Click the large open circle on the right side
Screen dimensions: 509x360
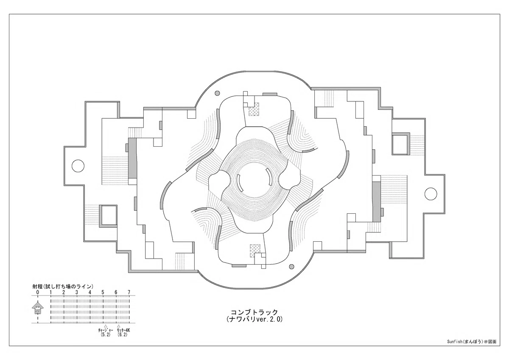coord(431,194)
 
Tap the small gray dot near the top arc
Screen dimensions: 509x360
coord(217,93)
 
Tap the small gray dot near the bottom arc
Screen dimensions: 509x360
coord(291,266)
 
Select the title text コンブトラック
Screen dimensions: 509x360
coord(255,313)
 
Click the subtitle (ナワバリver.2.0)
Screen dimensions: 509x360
coord(255,319)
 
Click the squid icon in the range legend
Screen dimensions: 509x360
coord(38,308)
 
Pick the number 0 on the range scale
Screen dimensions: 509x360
coord(38,292)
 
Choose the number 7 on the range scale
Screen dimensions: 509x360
coord(129,292)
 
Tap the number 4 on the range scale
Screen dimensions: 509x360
coord(90,292)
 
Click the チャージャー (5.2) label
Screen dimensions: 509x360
coord(106,332)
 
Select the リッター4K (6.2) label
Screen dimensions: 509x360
coord(123,332)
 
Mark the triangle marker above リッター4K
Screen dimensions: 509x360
coord(118,326)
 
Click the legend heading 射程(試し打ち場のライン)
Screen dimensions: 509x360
coord(63,286)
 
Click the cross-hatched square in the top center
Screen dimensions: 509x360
coord(254,109)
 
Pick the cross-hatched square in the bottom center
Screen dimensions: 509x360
coord(255,251)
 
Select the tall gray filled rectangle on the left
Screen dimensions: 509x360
coord(132,159)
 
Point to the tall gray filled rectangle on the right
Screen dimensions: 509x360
coord(376,202)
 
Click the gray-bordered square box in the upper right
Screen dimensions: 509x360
coord(401,144)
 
